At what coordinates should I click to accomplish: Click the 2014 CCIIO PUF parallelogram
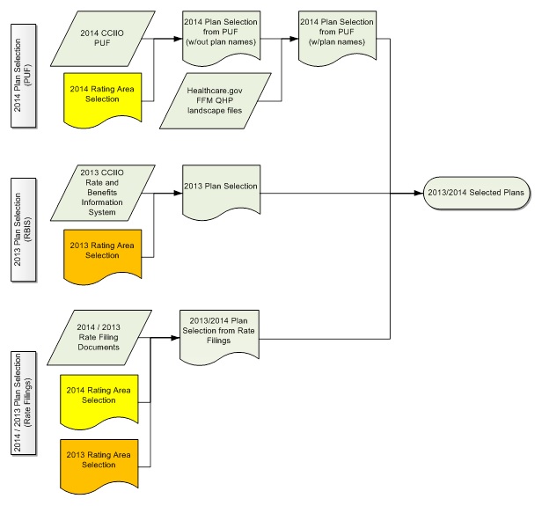coord(99,40)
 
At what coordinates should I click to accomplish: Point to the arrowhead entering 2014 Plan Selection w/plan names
coord(294,40)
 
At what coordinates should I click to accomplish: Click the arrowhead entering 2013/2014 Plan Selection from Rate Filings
coord(174,337)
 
